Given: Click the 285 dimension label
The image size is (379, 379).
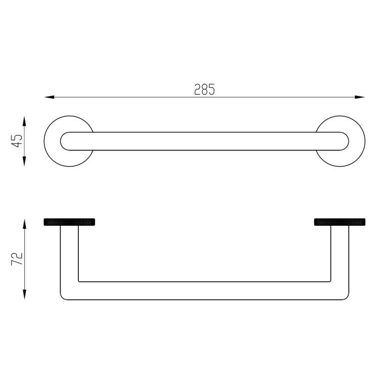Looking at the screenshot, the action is coord(205,89).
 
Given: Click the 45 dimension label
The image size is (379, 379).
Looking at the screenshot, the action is coord(17,140).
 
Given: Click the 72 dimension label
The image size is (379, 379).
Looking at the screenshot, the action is coord(17,259).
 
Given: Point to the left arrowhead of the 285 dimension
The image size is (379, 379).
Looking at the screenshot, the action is coord(49,97).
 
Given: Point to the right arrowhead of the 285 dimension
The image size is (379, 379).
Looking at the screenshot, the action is coord(360,97).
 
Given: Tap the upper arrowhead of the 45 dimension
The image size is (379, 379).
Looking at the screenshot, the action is coord(24,121).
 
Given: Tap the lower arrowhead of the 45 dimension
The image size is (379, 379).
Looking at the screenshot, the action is coord(24,161).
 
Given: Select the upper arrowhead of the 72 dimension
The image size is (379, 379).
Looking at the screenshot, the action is coord(24,224).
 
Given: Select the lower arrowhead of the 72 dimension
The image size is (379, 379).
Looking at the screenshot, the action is coord(24,295).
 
